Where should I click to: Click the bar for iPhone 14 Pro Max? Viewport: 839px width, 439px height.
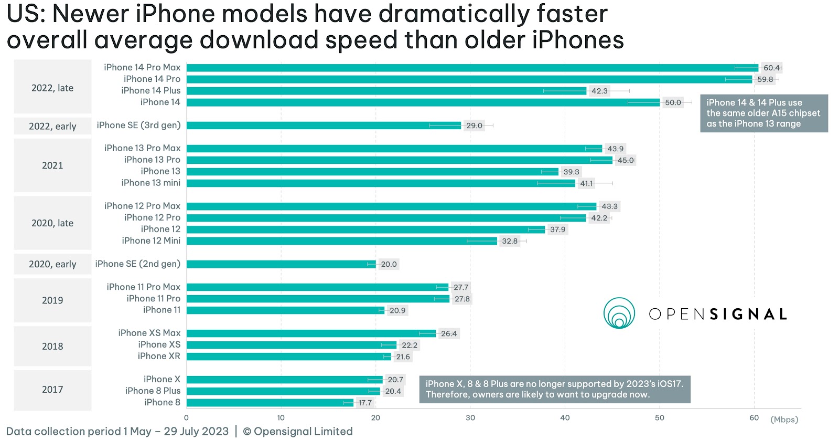click(x=472, y=68)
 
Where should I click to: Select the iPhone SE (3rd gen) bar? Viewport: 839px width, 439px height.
click(x=324, y=126)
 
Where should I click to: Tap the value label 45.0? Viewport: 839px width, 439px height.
click(x=625, y=160)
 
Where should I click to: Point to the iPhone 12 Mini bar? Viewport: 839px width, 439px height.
click(x=341, y=241)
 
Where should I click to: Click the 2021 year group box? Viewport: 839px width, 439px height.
click(x=52, y=165)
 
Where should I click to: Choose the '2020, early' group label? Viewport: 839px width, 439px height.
click(x=52, y=264)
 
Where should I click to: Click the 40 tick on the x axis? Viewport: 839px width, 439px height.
click(x=565, y=418)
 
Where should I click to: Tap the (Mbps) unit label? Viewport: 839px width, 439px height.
click(x=784, y=419)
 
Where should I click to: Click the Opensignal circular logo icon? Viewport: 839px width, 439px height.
click(x=619, y=313)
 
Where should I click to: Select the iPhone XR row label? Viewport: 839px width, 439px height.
click(x=159, y=356)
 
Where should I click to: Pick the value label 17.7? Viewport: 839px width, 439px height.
click(x=365, y=403)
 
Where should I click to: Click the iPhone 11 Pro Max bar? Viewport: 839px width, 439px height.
click(x=317, y=287)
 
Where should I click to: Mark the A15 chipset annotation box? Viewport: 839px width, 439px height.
click(x=763, y=113)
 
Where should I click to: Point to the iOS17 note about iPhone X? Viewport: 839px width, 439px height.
click(x=554, y=389)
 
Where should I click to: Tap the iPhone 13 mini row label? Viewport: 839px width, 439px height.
click(x=151, y=183)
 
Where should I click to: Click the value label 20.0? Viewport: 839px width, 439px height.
click(x=389, y=264)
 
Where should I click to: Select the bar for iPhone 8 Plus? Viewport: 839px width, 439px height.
click(x=283, y=391)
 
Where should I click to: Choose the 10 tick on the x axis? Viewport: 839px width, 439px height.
click(x=281, y=418)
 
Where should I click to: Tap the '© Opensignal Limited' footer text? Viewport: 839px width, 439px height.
click(x=298, y=431)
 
